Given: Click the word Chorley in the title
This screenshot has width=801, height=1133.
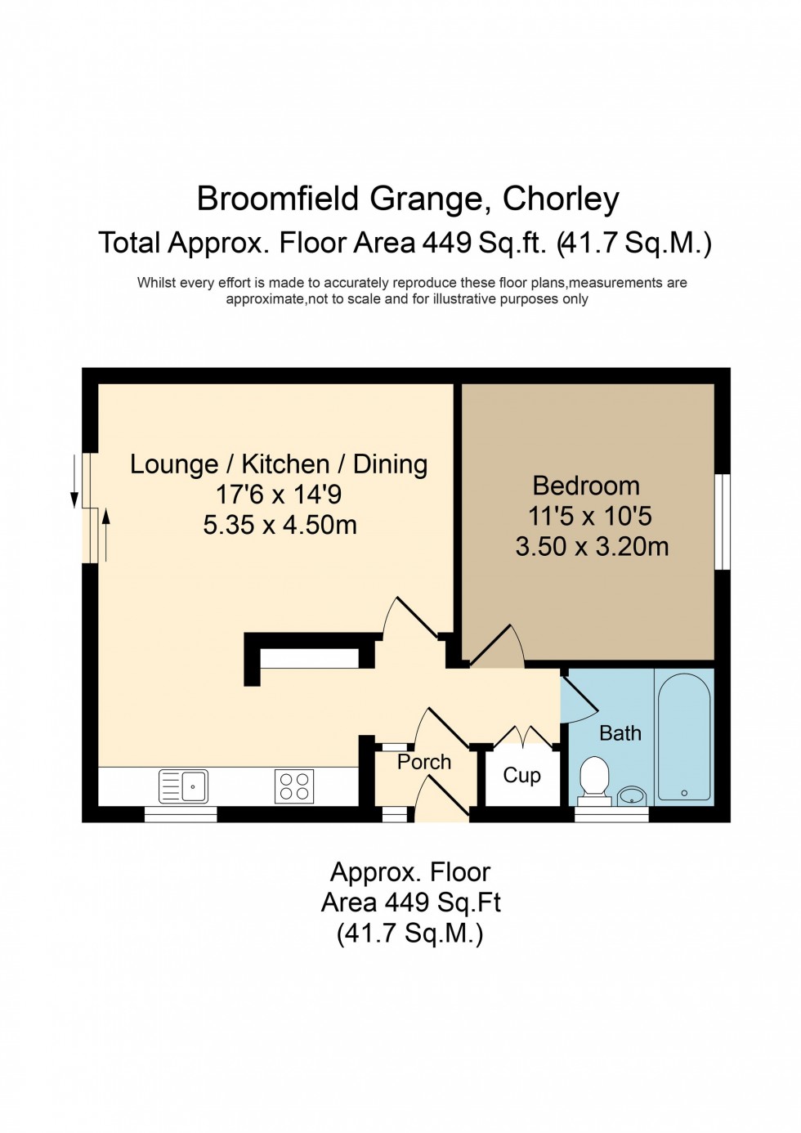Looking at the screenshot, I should click(561, 199).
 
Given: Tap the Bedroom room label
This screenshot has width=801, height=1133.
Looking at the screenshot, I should click(586, 486).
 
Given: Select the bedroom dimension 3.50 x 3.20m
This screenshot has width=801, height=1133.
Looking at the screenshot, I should click(592, 546).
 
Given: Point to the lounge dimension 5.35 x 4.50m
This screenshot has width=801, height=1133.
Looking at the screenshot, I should click(280, 525).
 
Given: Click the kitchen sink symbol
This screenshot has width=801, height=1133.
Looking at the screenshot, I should click(183, 786).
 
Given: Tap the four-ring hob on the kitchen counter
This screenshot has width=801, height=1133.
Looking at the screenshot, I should click(294, 786).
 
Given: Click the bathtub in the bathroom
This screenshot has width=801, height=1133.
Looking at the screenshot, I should click(683, 736).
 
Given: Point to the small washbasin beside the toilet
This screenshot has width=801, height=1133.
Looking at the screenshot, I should click(631, 795).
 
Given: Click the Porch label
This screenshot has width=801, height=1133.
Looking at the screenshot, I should click(424, 762).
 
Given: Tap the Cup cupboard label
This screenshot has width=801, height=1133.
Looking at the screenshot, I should click(521, 775).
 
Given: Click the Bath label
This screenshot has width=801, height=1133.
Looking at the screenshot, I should click(620, 733).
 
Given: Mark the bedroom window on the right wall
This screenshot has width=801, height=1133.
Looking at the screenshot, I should click(722, 521).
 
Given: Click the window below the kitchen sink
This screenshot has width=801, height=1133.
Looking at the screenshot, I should click(181, 813).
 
